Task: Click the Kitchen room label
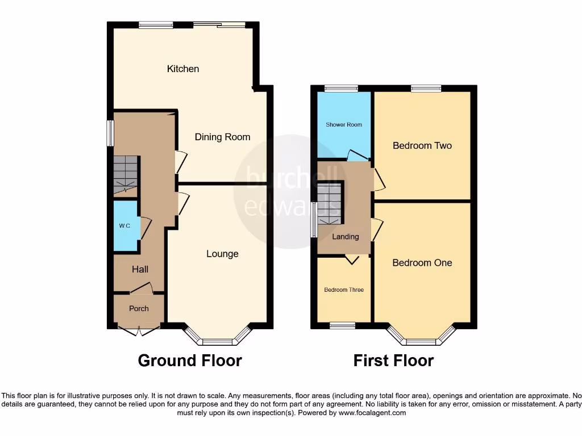tap(183, 69)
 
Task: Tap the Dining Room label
tap(222, 137)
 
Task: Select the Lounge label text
tap(222, 254)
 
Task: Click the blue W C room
tap(125, 226)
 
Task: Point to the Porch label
tap(139, 309)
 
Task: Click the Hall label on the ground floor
tap(140, 270)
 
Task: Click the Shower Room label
tap(344, 124)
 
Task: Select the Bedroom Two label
tap(422, 146)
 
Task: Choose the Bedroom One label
tap(422, 263)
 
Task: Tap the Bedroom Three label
tap(344, 290)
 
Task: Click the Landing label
tap(346, 237)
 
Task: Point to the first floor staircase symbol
tap(330, 203)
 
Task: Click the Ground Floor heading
tap(190, 360)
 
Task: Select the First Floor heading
tap(393, 360)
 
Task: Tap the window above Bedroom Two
tap(426, 88)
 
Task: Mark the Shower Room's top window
tap(341, 88)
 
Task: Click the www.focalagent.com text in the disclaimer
tap(372, 413)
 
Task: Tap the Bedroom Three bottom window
tap(342, 325)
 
